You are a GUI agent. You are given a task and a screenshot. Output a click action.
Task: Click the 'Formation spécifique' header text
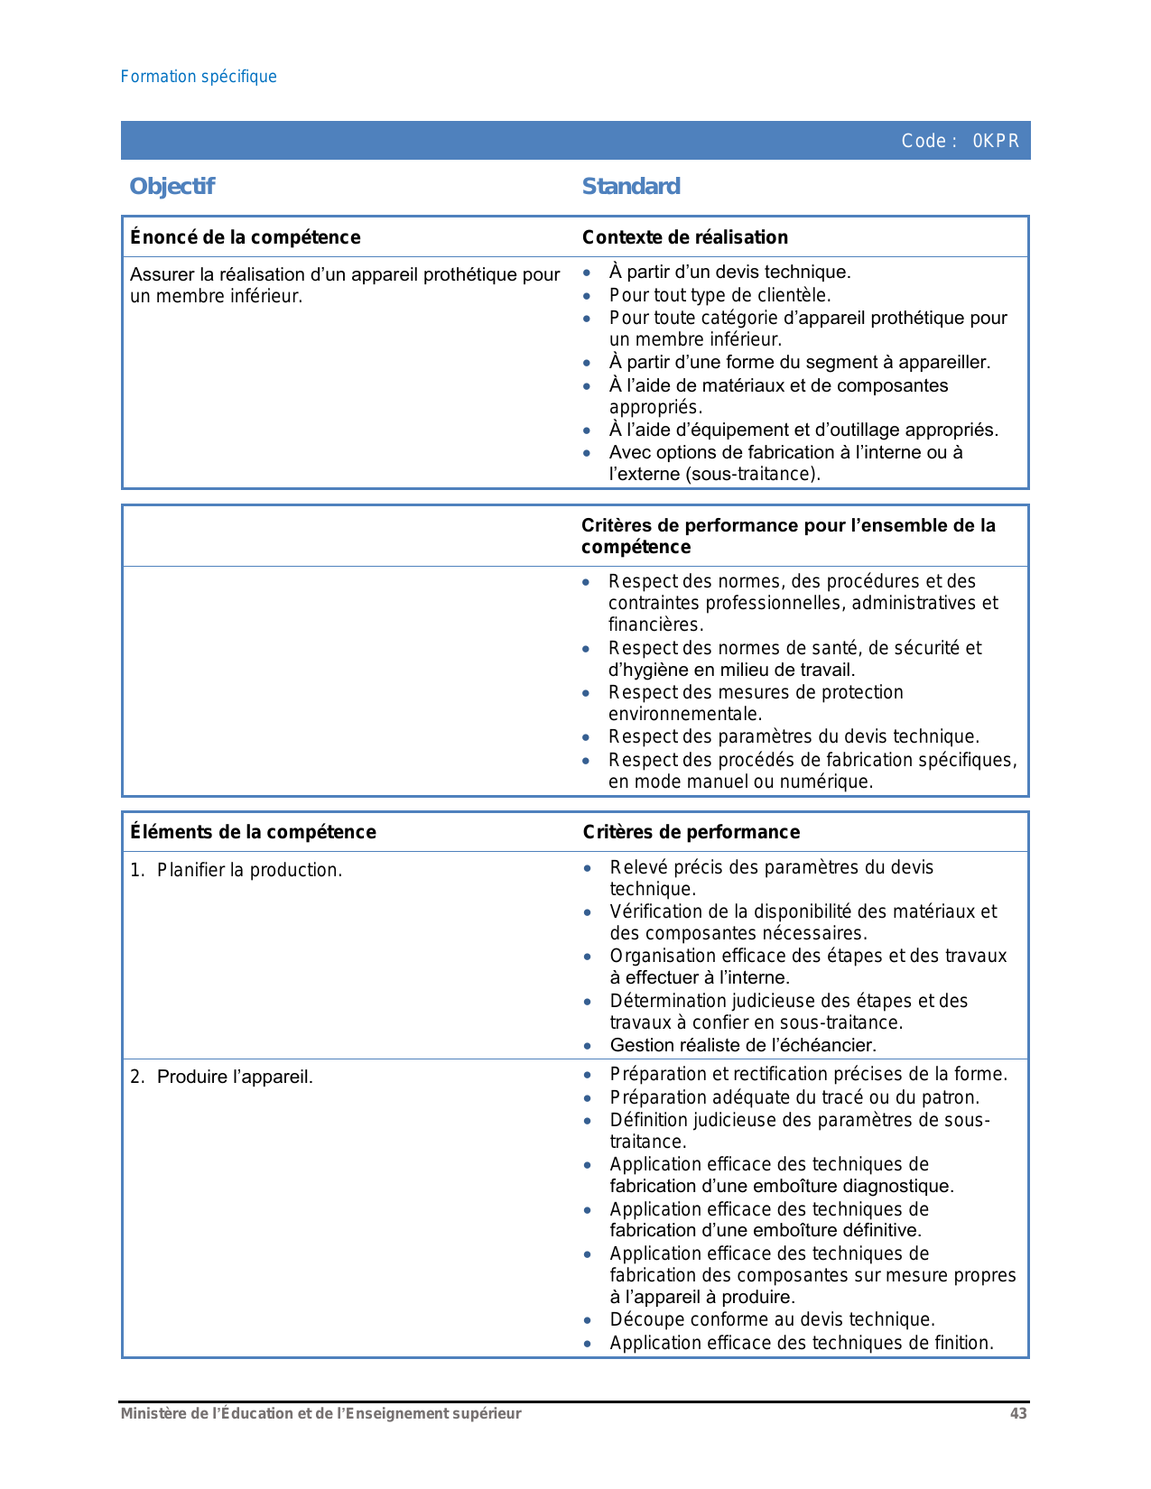[x=199, y=77]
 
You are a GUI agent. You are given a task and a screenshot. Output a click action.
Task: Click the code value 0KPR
[x=996, y=141]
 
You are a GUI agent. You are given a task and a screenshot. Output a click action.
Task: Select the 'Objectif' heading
[x=172, y=186]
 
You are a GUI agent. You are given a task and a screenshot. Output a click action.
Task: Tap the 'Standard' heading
[x=631, y=186]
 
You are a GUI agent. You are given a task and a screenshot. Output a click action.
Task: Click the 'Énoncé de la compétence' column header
[x=246, y=237]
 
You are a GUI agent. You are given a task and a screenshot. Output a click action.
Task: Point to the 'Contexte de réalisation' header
[x=685, y=237]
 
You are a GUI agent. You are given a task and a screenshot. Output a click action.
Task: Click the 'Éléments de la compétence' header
[x=253, y=832]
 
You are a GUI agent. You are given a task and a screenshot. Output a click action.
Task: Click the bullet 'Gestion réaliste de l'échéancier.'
[x=743, y=1045]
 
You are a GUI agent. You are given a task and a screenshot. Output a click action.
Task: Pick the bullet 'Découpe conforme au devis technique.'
[x=772, y=1319]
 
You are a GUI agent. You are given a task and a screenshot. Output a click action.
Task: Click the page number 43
[x=1018, y=1413]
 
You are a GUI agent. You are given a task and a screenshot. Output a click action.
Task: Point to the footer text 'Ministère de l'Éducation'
[x=207, y=1413]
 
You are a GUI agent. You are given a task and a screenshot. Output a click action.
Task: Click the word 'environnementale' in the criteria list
[x=683, y=715]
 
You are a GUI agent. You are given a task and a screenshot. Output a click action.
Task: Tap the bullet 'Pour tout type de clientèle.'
[x=719, y=295]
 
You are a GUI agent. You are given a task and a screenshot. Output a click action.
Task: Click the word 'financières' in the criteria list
[x=654, y=624]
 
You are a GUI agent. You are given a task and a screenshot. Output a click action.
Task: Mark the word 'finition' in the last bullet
[x=962, y=1343]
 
